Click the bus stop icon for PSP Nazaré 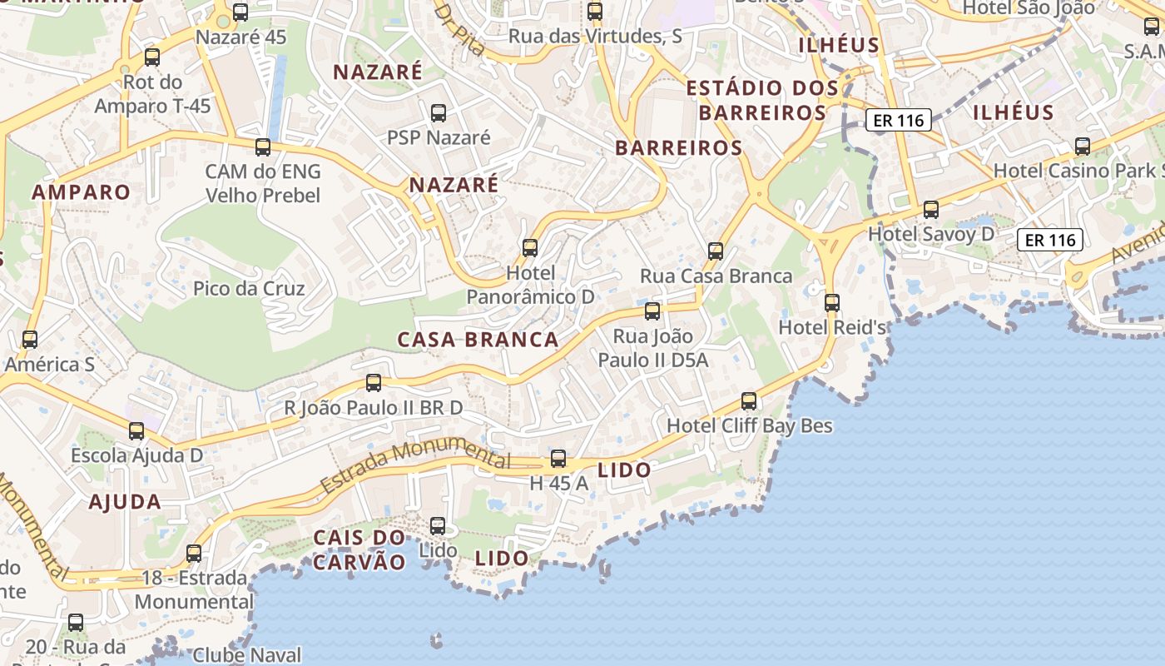click(x=438, y=113)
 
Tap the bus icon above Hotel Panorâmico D click(x=530, y=248)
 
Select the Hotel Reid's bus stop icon click(x=831, y=303)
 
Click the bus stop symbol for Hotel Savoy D click(x=930, y=210)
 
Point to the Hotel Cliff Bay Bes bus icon click(x=749, y=401)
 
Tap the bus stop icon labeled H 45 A click(x=558, y=459)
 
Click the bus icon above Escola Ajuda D click(x=136, y=431)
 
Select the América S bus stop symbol click(x=30, y=340)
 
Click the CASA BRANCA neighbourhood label click(x=478, y=340)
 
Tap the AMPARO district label click(x=82, y=192)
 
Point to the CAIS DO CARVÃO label click(x=359, y=549)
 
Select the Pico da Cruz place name click(x=249, y=289)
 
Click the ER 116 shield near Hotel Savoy click(x=1051, y=241)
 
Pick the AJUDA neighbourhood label click(x=125, y=502)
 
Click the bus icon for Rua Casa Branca click(x=715, y=251)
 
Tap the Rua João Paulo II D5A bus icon click(x=652, y=311)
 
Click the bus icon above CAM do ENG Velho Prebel click(x=263, y=147)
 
